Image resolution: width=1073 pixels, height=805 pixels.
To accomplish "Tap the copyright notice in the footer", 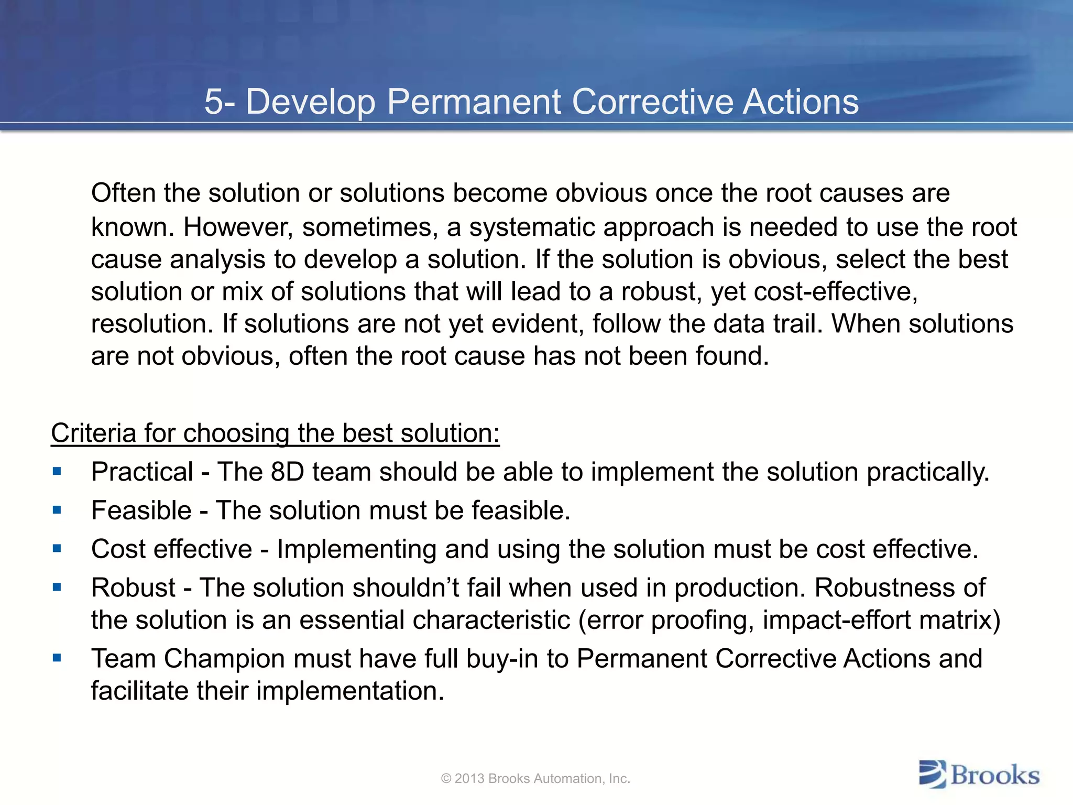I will [535, 779].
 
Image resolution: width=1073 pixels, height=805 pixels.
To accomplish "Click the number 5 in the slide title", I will [213, 101].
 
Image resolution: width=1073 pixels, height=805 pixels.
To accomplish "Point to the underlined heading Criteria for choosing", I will [275, 433].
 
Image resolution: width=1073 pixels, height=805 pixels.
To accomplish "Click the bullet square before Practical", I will [57, 471].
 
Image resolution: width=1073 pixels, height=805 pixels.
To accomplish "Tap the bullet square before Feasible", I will [57, 510].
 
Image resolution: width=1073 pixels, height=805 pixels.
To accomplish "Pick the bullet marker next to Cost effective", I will [57, 549].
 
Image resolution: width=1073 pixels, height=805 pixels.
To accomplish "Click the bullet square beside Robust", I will [57, 588].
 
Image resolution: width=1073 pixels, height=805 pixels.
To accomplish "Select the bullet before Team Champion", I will [57, 658].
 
